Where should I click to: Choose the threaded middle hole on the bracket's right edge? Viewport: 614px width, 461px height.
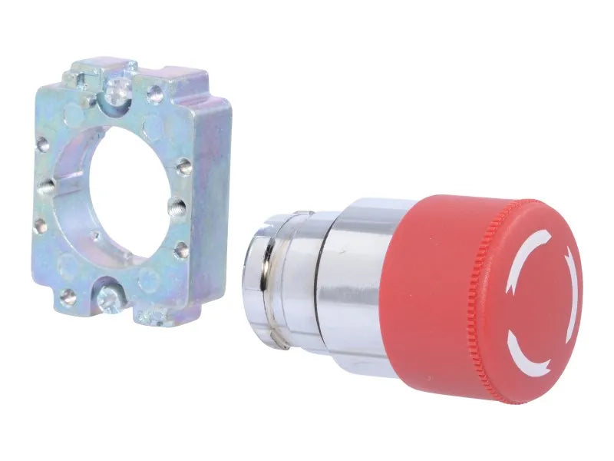177,206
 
